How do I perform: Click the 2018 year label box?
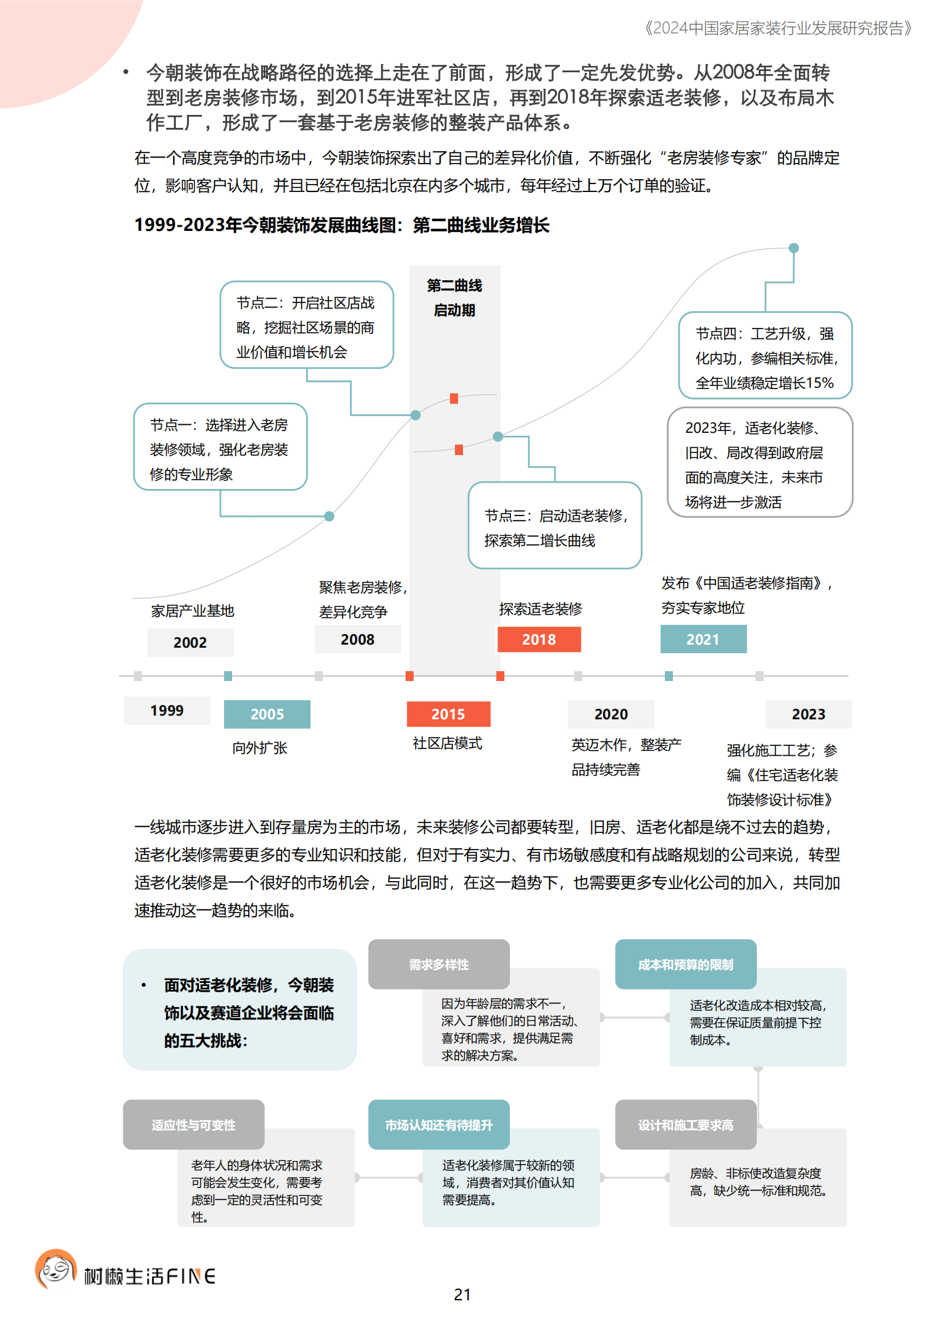(539, 639)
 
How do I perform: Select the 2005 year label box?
(267, 714)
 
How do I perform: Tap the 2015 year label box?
(448, 714)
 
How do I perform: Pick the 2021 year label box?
(703, 639)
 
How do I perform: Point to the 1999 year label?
(167, 710)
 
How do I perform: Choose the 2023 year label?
(808, 714)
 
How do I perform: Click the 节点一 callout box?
(220, 447)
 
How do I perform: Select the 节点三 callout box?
(554, 525)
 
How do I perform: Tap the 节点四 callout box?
(765, 356)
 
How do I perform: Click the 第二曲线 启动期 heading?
(454, 298)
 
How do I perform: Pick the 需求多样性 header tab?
(439, 964)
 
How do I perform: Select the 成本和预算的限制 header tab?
(685, 964)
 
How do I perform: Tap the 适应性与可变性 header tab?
(193, 1125)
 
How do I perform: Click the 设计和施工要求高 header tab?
(685, 1125)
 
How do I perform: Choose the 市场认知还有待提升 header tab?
(439, 1125)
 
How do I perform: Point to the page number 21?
(462, 1295)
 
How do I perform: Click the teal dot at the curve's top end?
(794, 248)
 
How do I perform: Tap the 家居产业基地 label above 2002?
(193, 611)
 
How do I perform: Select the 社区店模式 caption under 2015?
(448, 743)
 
